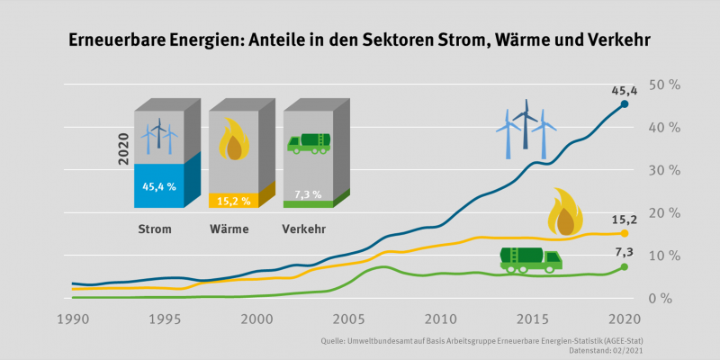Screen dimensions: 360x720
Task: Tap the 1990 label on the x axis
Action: pyautogui.click(x=72, y=319)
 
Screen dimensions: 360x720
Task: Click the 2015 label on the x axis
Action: pyautogui.click(x=532, y=319)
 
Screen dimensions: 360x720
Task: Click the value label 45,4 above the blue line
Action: pyautogui.click(x=625, y=91)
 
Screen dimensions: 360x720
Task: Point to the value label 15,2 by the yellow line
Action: pyautogui.click(x=625, y=217)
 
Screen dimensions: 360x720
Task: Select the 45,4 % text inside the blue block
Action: pyautogui.click(x=159, y=186)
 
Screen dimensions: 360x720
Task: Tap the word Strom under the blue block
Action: pyautogui.click(x=154, y=229)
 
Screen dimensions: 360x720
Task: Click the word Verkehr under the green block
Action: pyautogui.click(x=304, y=229)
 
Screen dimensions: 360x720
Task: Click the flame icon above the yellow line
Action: pyautogui.click(x=566, y=212)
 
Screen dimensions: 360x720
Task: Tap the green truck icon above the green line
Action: pyautogui.click(x=530, y=259)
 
